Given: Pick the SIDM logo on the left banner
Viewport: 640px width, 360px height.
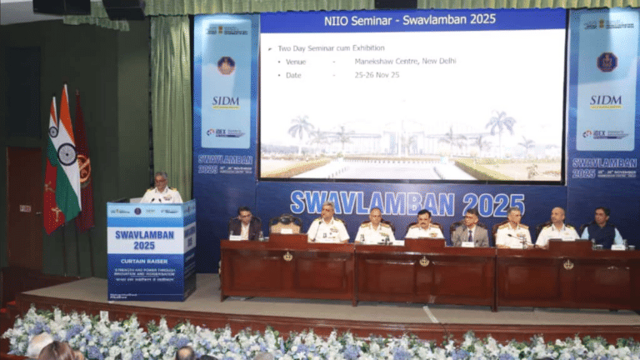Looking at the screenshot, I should pyautogui.click(x=225, y=102).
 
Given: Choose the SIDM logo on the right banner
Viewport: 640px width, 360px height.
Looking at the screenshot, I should pyautogui.click(x=606, y=102).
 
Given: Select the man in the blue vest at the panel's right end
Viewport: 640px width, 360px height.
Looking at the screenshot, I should pyautogui.click(x=601, y=227).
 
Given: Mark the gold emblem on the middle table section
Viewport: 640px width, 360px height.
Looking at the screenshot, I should pyautogui.click(x=424, y=261).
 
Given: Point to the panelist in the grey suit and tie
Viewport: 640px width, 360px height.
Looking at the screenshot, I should pyautogui.click(x=471, y=227).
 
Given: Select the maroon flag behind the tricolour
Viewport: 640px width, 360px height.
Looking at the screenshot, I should pyautogui.click(x=83, y=167).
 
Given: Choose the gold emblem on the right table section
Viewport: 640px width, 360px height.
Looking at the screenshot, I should pyautogui.click(x=568, y=264).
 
